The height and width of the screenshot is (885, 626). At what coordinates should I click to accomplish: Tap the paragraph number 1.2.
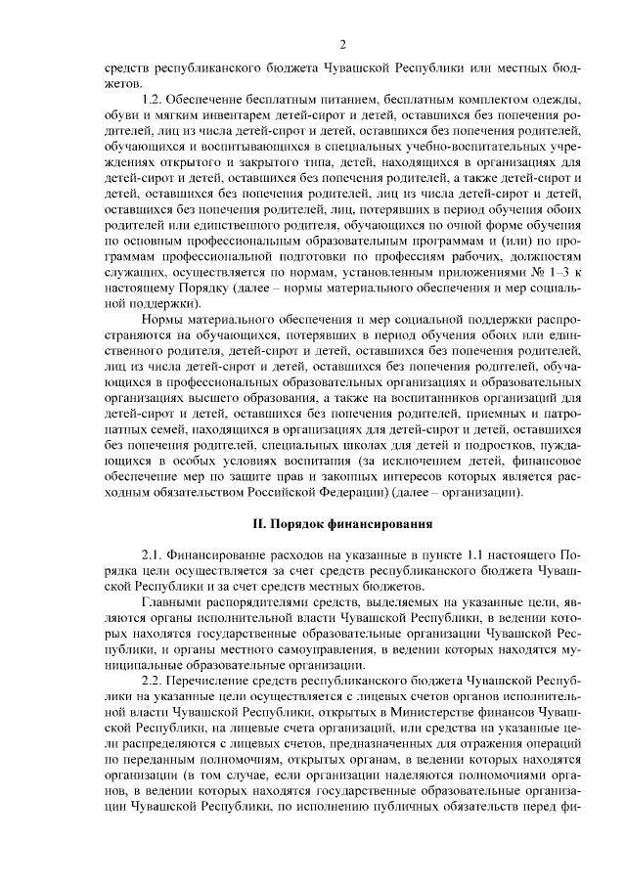point(153,101)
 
